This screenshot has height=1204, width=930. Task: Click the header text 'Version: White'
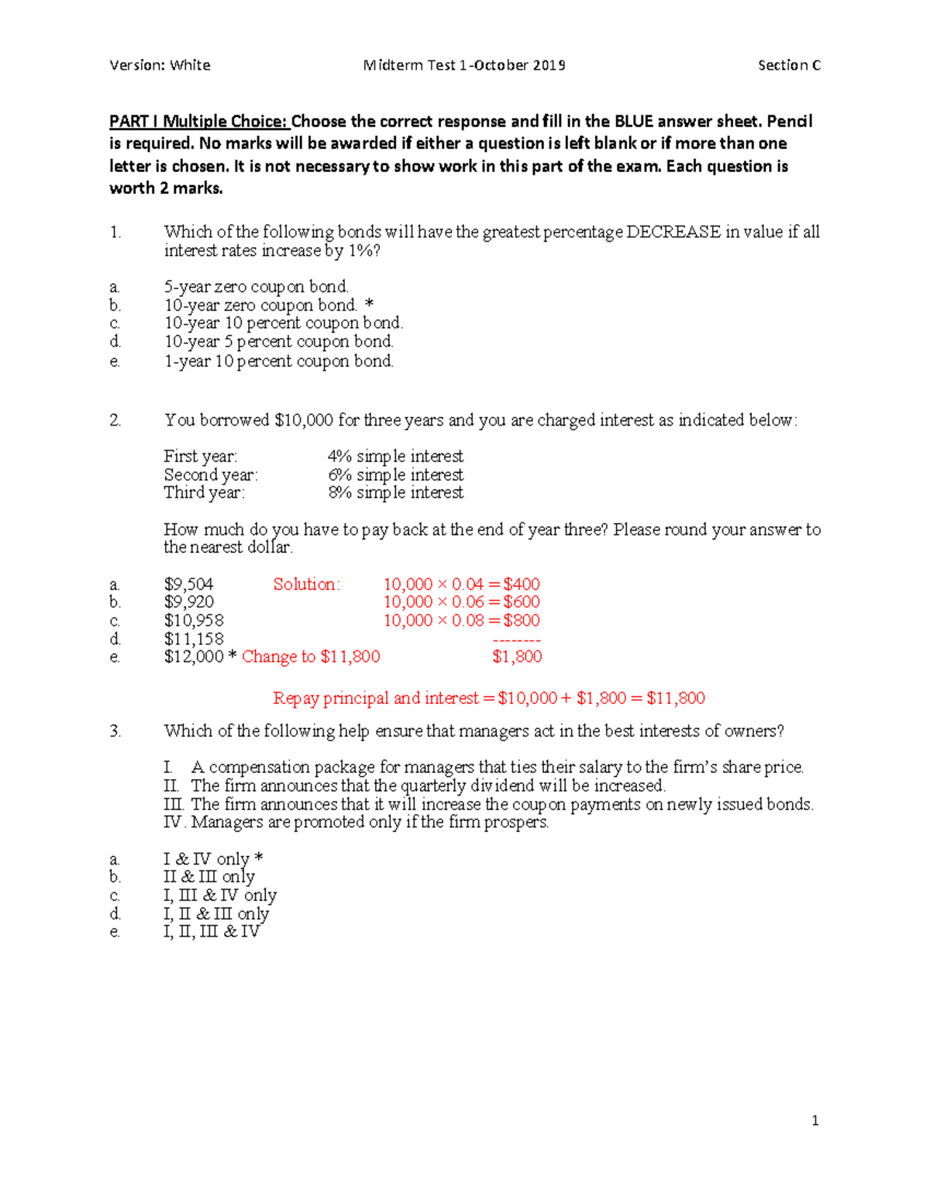tap(160, 65)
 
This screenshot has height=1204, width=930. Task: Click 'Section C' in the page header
tap(789, 65)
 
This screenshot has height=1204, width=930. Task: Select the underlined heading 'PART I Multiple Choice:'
tap(198, 121)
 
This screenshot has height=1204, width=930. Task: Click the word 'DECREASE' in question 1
tap(673, 232)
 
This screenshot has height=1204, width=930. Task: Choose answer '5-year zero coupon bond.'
tap(256, 287)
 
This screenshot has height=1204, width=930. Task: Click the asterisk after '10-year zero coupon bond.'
tap(369, 305)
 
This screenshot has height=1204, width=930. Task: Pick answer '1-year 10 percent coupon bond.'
tap(278, 361)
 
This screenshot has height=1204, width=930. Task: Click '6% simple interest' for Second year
tap(395, 474)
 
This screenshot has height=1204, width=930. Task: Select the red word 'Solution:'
tap(306, 585)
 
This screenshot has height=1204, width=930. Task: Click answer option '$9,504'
tap(188, 585)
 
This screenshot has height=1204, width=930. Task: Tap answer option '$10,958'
tap(194, 620)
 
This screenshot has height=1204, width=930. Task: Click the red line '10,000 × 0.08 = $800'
tap(461, 620)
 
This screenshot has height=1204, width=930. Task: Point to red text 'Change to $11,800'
tap(311, 657)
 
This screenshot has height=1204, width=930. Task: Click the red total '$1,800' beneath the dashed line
tap(517, 657)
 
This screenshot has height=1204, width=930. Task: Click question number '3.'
tap(115, 731)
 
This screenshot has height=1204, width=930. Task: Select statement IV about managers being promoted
tap(356, 822)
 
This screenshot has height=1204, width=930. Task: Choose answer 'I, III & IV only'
tap(219, 895)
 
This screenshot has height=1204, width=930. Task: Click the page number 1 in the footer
tap(815, 1120)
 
